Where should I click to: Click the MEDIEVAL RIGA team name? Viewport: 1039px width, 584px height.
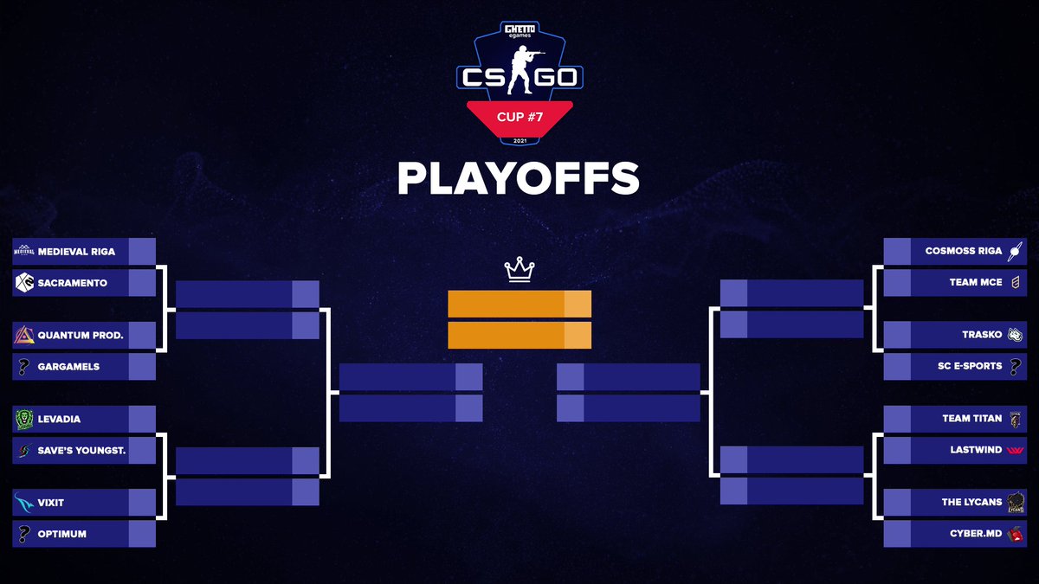[76, 252]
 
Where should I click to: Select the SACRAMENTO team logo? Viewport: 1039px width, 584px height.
[24, 283]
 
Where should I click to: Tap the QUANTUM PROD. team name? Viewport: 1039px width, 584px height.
[81, 335]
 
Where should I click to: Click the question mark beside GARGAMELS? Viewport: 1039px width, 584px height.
[24, 367]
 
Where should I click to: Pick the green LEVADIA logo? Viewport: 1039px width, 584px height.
[24, 420]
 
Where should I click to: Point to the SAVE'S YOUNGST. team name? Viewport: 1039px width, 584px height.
[83, 451]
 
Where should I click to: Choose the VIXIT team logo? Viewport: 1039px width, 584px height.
[24, 503]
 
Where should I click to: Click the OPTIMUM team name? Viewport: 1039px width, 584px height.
[62, 534]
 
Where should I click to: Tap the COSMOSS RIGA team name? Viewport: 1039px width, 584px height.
[963, 251]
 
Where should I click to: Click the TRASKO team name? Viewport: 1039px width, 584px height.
[982, 335]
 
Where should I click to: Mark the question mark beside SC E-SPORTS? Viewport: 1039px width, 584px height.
[1016, 366]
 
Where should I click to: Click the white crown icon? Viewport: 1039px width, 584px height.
[519, 270]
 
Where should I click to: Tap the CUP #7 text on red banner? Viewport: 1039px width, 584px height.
[519, 115]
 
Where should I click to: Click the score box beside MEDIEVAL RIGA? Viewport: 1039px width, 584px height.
[142, 252]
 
